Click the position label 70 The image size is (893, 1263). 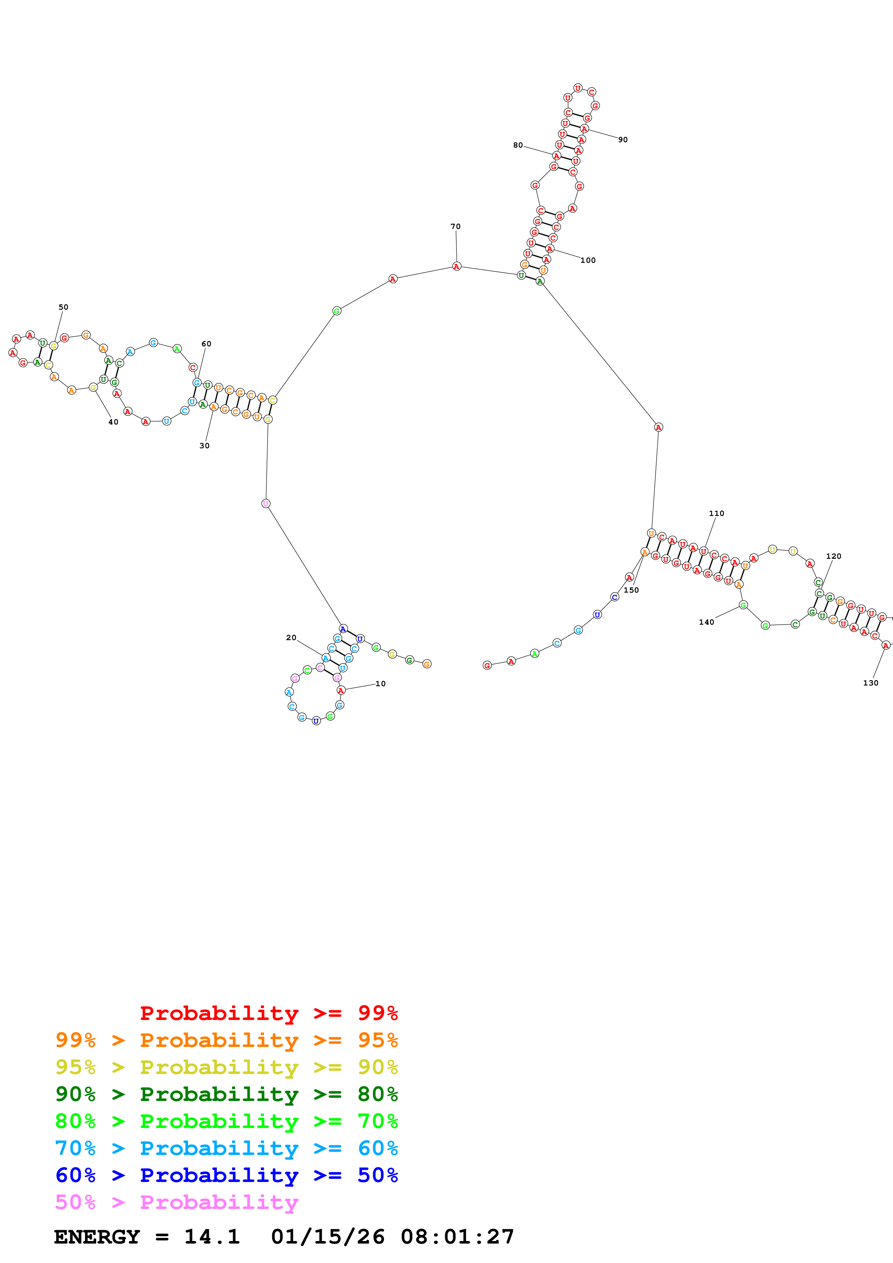(x=456, y=226)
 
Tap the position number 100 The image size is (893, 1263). (x=588, y=260)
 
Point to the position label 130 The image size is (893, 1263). (x=870, y=683)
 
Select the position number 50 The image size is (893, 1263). (x=63, y=307)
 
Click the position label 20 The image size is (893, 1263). (x=291, y=638)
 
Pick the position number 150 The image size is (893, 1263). (x=631, y=590)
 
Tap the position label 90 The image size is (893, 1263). (x=623, y=140)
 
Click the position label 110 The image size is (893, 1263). (x=716, y=513)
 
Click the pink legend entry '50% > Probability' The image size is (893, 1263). (x=177, y=1202)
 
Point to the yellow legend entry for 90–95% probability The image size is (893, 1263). (x=226, y=1067)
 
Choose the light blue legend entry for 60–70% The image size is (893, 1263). (x=226, y=1148)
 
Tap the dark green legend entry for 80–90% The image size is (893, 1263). (x=226, y=1094)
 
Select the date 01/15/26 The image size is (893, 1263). (x=327, y=1237)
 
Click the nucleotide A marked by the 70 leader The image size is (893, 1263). (x=456, y=266)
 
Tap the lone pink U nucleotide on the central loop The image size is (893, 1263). (x=266, y=503)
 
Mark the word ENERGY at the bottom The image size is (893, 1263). (x=97, y=1237)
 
